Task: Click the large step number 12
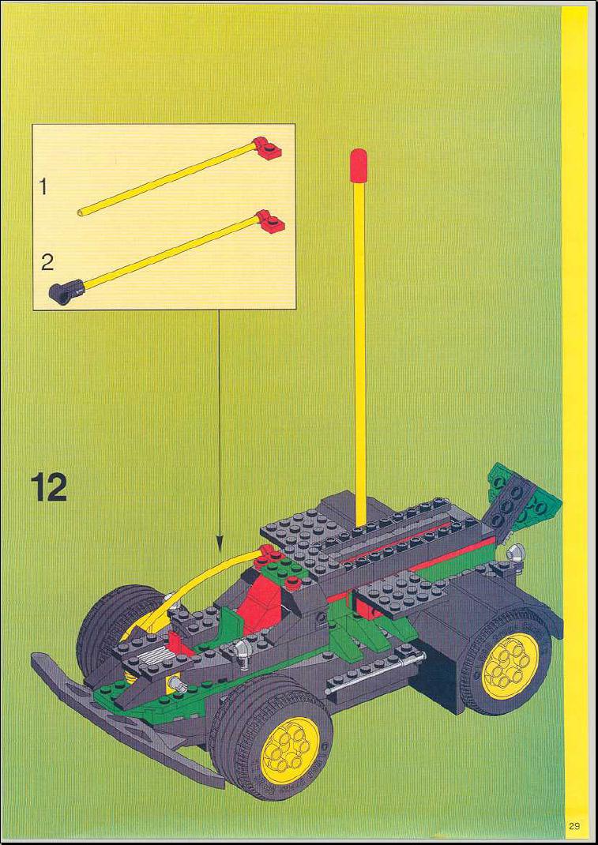pyautogui.click(x=48, y=487)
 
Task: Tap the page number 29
pyautogui.click(x=574, y=825)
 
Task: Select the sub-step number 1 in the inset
pyautogui.click(x=43, y=187)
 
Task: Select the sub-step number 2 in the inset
pyautogui.click(x=47, y=263)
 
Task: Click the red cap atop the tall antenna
pyautogui.click(x=358, y=160)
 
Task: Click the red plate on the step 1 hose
pyautogui.click(x=268, y=148)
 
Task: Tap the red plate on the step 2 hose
pyautogui.click(x=270, y=221)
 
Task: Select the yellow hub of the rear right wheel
pyautogui.click(x=510, y=666)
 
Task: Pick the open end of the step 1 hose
pyautogui.click(x=81, y=212)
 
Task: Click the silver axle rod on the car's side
pyautogui.click(x=374, y=674)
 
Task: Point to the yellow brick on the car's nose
pyautogui.click(x=174, y=683)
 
